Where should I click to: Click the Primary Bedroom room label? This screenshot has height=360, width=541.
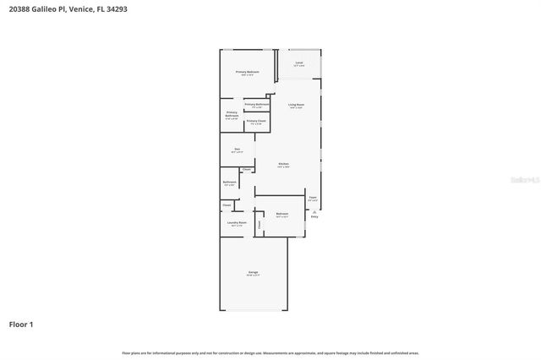click(247, 72)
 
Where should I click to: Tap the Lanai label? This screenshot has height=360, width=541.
click(299, 63)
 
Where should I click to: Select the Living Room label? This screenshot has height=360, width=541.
click(296, 105)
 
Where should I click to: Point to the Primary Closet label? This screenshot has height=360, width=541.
click(256, 122)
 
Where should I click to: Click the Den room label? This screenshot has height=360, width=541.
click(237, 150)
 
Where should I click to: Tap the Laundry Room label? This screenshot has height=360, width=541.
click(237, 222)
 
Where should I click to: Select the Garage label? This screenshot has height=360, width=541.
click(253, 272)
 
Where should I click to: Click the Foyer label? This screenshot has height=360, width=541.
click(313, 198)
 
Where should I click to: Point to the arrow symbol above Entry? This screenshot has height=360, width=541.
click(314, 211)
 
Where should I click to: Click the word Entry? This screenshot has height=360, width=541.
click(314, 217)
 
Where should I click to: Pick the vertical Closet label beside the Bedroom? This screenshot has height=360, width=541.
click(260, 224)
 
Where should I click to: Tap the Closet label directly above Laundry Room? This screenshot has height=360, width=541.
click(227, 205)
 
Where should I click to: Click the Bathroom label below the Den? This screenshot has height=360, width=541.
click(229, 182)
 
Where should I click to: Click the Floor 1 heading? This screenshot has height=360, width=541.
click(22, 324)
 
